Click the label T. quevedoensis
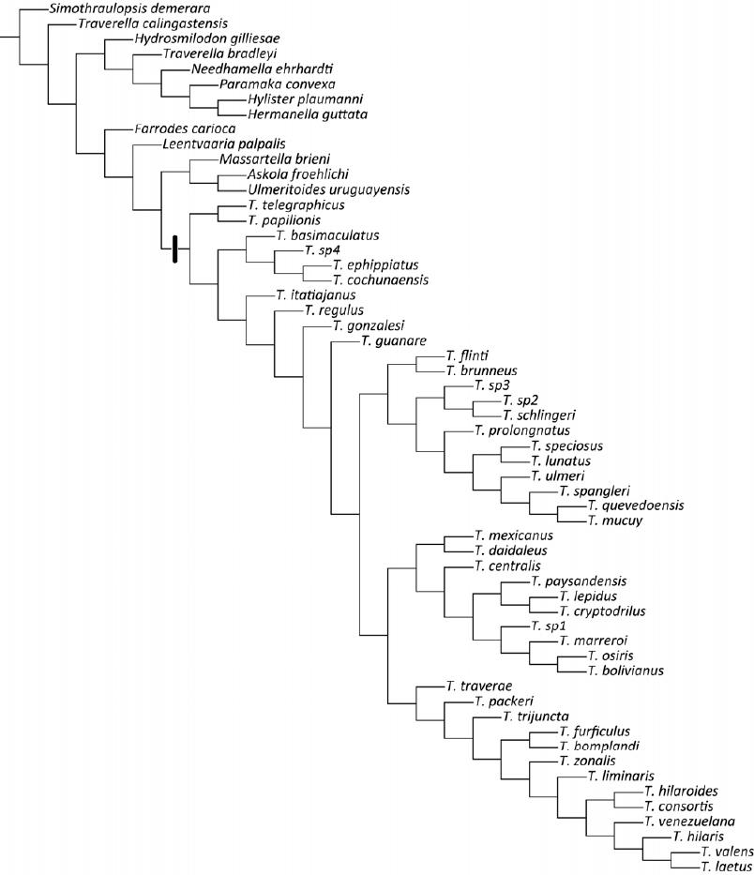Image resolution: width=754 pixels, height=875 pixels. pos(636,505)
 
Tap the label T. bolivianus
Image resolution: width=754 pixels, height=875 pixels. pos(626,670)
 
